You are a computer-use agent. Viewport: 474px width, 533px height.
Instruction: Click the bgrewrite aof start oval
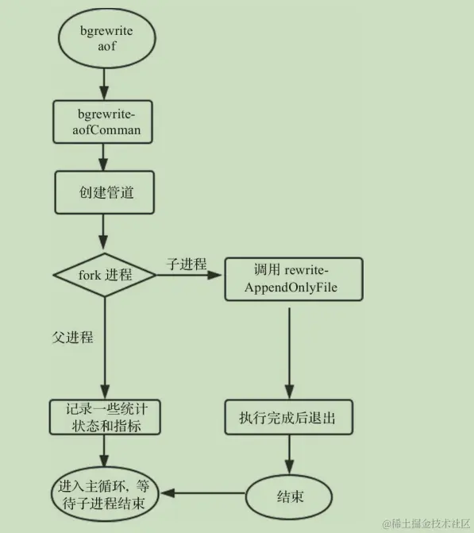[104, 38]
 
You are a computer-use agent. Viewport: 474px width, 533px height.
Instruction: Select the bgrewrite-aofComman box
[104, 122]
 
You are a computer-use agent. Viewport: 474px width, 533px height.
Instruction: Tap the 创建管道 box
[104, 191]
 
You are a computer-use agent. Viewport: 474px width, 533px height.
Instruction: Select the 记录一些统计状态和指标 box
[104, 417]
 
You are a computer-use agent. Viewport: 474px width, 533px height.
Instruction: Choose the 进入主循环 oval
[105, 494]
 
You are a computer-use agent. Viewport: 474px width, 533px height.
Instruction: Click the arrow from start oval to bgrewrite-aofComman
[104, 82]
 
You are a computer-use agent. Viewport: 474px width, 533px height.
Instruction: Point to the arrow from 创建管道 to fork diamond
[104, 231]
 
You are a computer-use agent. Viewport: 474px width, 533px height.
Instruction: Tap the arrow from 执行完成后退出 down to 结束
[289, 455]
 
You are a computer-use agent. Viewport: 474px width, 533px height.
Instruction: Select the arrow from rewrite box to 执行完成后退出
[289, 349]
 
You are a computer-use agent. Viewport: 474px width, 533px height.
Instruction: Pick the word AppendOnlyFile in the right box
[293, 288]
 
